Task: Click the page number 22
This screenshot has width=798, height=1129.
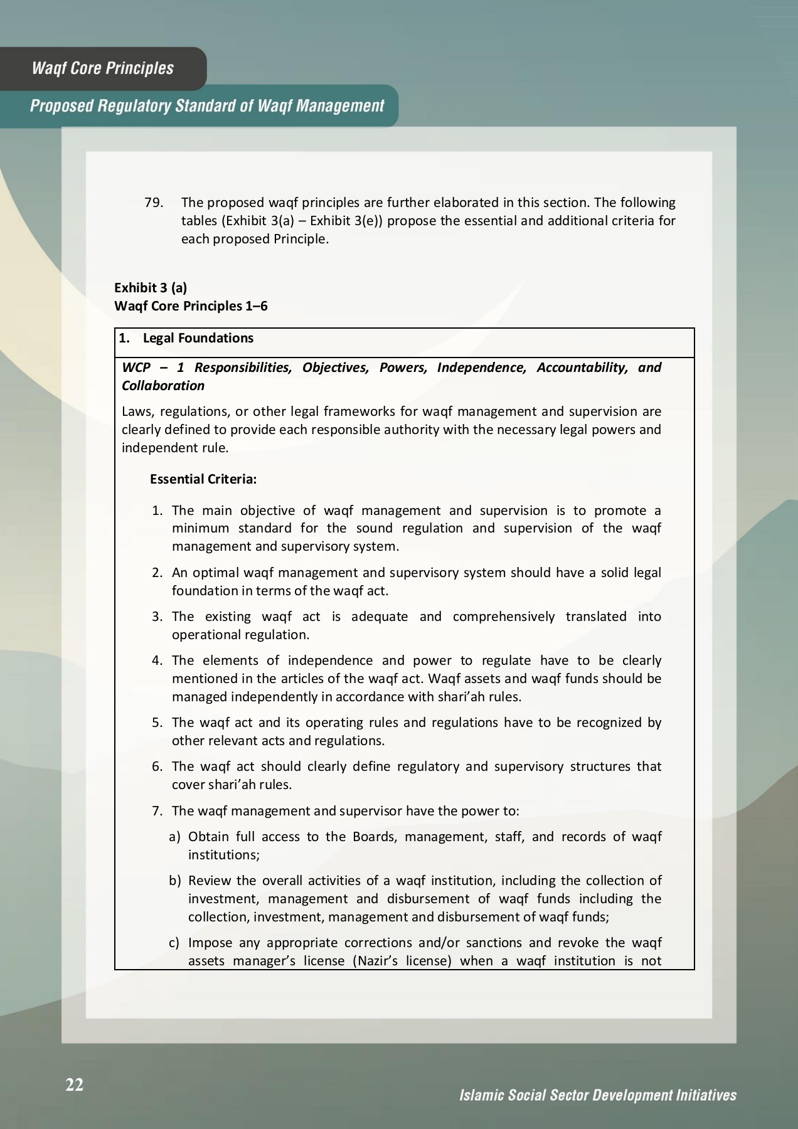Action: (x=74, y=1084)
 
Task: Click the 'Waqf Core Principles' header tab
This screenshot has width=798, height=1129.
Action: (x=103, y=68)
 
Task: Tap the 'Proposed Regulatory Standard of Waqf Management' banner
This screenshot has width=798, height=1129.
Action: (x=207, y=106)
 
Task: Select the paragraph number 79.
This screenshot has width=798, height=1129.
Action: (x=154, y=203)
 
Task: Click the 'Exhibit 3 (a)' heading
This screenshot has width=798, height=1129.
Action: (x=151, y=287)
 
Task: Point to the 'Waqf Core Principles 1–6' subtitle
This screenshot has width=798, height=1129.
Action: (x=191, y=305)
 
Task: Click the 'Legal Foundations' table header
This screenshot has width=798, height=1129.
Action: (x=198, y=338)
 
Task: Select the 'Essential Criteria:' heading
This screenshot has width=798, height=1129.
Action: (x=203, y=479)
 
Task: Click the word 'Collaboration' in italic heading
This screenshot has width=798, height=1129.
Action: (x=163, y=385)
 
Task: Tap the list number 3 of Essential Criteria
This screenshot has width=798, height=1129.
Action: (x=157, y=617)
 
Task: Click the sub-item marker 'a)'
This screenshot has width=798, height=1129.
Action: (x=174, y=837)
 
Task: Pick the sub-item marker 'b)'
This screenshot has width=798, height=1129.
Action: (x=174, y=881)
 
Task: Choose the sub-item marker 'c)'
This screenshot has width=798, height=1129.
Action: (x=174, y=943)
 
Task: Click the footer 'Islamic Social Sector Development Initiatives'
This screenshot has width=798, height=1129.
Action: (x=597, y=1095)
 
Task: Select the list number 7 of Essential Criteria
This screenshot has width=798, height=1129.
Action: (x=157, y=811)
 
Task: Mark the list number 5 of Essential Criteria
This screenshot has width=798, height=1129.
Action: (x=157, y=723)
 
